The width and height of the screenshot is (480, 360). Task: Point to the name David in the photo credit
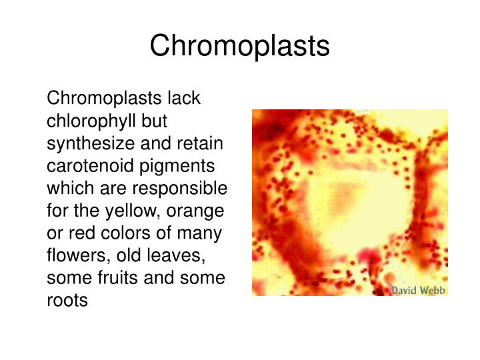click(x=405, y=290)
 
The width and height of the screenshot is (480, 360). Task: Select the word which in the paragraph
click(x=70, y=189)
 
